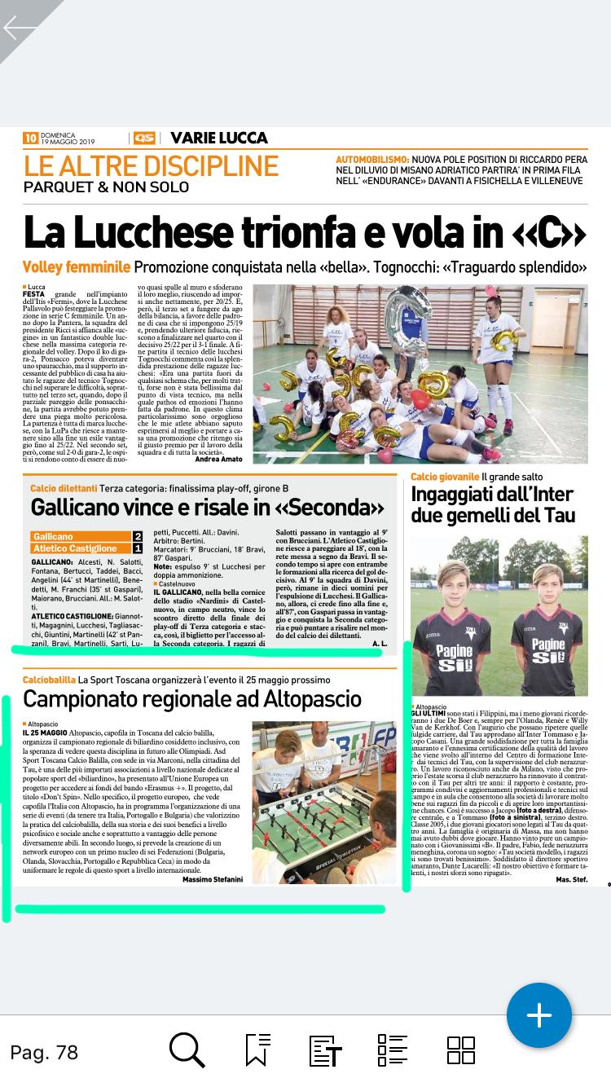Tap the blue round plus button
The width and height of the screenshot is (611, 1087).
[x=539, y=1015]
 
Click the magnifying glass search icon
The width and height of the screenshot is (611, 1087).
[x=187, y=1050]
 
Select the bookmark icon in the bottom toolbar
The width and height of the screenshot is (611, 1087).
[x=257, y=1050]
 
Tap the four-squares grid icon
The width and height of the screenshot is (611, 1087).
[x=461, y=1050]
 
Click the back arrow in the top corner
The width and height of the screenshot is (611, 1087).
[x=20, y=28]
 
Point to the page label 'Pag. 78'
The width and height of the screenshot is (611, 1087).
[x=44, y=1052]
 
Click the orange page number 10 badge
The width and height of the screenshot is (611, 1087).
[x=30, y=139]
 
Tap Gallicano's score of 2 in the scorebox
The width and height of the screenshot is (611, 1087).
[x=138, y=537]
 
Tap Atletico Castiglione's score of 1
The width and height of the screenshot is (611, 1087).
[x=138, y=548]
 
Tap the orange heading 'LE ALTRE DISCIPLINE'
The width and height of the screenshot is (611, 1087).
[x=151, y=165]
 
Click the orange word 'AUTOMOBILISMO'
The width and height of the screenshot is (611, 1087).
[x=371, y=159]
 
